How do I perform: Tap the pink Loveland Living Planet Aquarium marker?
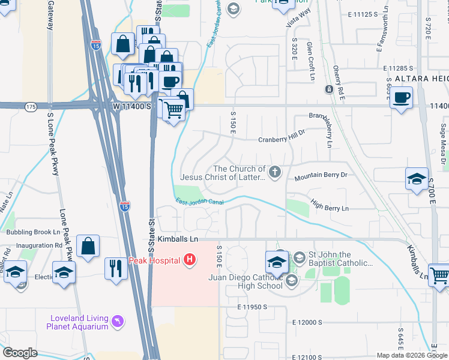click(119, 322)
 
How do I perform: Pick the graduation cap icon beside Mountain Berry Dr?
click(417, 179)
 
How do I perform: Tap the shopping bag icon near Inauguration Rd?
click(88, 246)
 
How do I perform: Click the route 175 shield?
click(31, 106)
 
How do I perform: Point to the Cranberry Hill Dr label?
click(282, 140)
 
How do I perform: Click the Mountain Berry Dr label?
click(321, 178)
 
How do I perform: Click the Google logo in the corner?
click(20, 352)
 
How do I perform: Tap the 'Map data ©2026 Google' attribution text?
click(412, 355)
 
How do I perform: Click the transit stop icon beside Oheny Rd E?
click(329, 89)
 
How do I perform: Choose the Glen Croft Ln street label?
click(311, 61)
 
